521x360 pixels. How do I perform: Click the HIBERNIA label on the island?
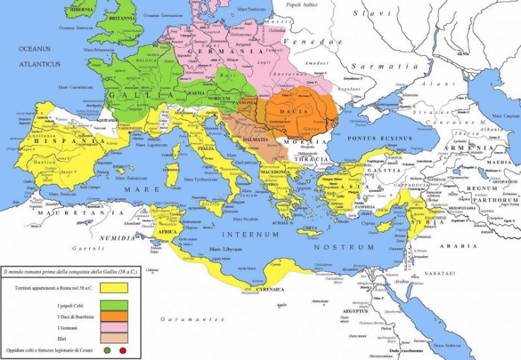(x=80, y=10)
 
